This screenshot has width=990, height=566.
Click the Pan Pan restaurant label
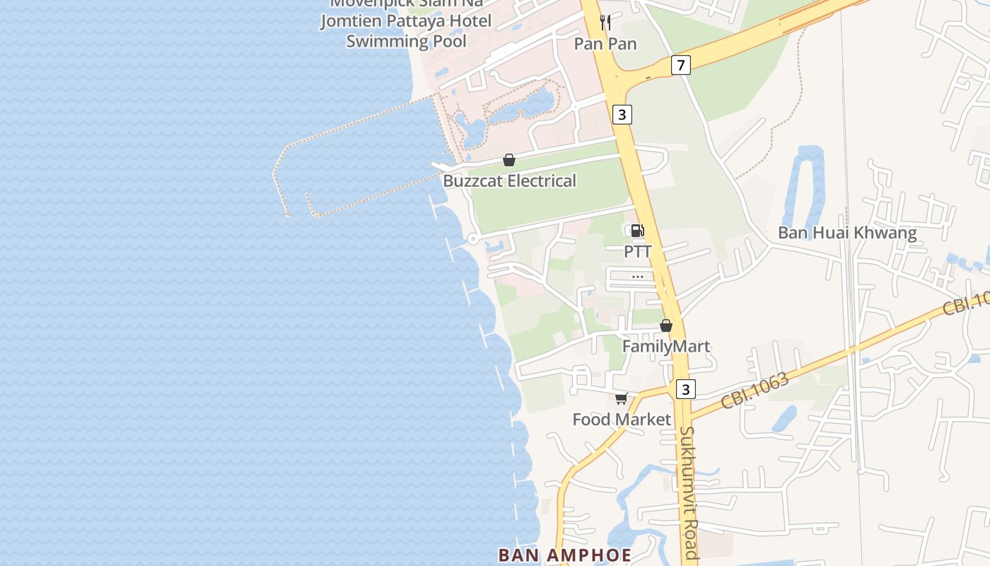pyautogui.click(x=605, y=44)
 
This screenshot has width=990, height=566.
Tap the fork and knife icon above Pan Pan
pyautogui.click(x=605, y=22)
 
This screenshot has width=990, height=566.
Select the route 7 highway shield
pyautogui.click(x=680, y=66)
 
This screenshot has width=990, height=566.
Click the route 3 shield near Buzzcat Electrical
pyautogui.click(x=622, y=114)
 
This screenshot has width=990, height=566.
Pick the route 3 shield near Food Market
pyautogui.click(x=685, y=389)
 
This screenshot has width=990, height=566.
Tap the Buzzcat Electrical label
pyautogui.click(x=509, y=181)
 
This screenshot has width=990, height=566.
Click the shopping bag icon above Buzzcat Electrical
pyautogui.click(x=508, y=160)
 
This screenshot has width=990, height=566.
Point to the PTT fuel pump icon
pyautogui.click(x=636, y=230)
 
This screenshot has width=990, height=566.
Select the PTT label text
pyautogui.click(x=637, y=252)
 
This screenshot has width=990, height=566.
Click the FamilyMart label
pyautogui.click(x=665, y=347)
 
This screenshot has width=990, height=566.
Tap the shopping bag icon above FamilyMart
pyautogui.click(x=665, y=325)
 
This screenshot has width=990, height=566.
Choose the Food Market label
pyautogui.click(x=622, y=420)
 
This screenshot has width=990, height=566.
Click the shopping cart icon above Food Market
pyautogui.click(x=621, y=399)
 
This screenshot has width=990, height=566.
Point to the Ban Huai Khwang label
pyautogui.click(x=846, y=233)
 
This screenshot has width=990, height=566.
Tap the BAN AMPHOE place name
pyautogui.click(x=564, y=555)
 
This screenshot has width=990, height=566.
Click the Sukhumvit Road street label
pyautogui.click(x=689, y=492)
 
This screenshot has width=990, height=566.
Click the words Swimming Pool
pyautogui.click(x=406, y=41)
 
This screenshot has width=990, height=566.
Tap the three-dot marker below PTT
pyautogui.click(x=637, y=277)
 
